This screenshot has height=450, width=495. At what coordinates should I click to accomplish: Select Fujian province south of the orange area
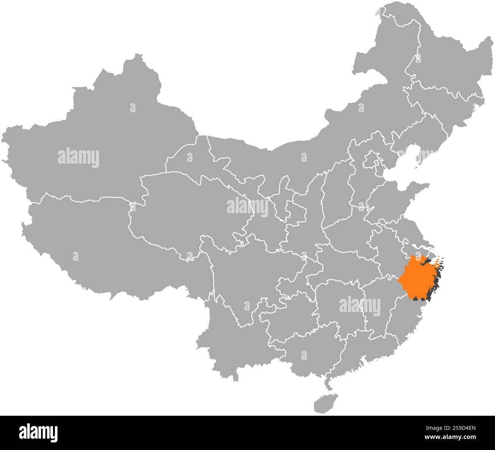[x=404, y=324]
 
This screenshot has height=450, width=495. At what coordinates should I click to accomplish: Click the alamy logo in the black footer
[x=38, y=432]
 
